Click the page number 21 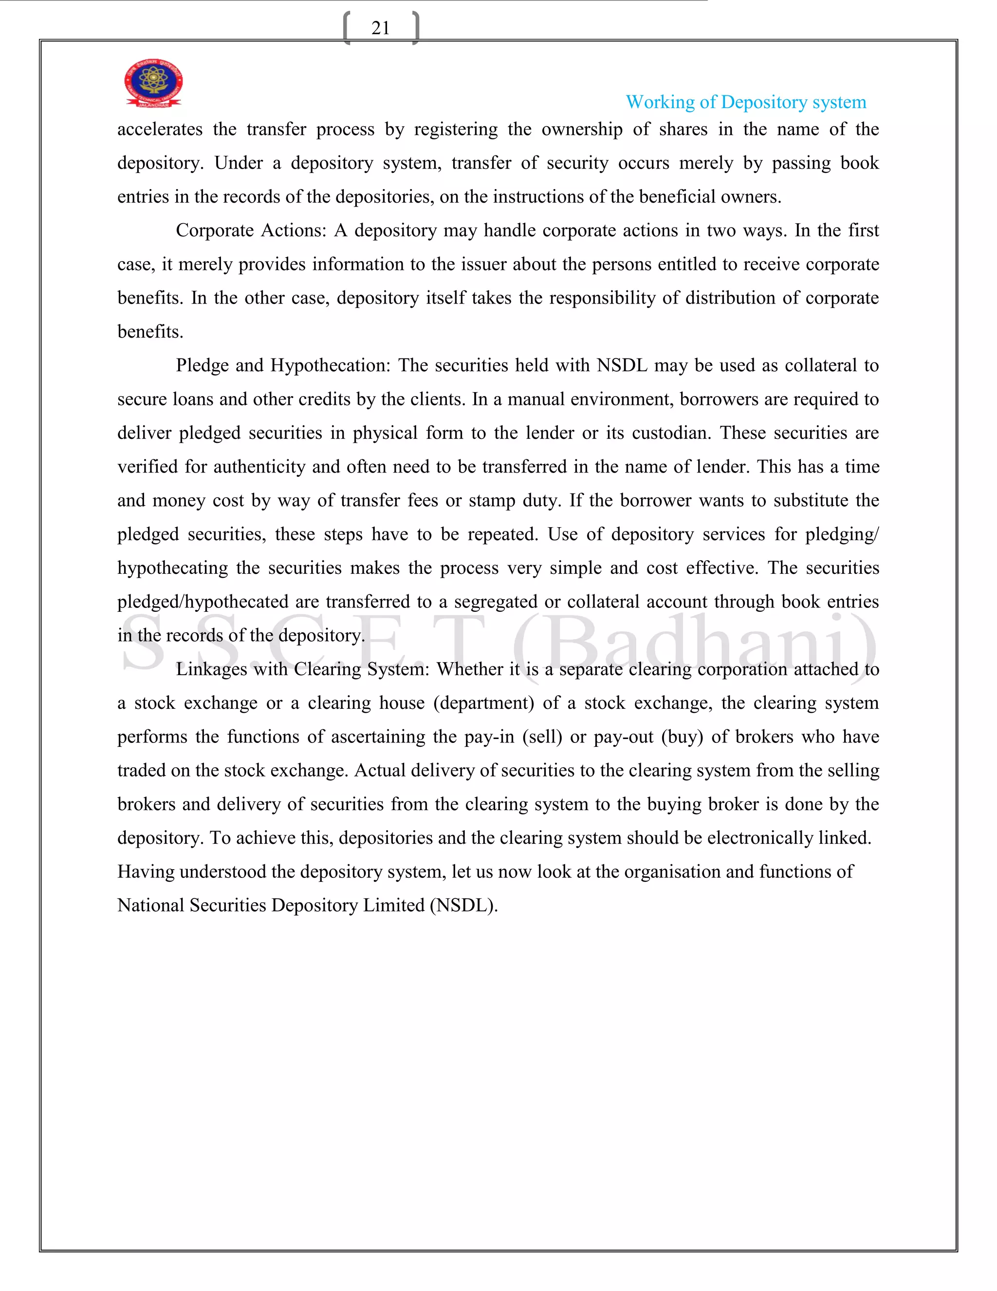coord(380,28)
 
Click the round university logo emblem coord(153,83)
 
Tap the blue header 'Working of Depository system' coord(745,102)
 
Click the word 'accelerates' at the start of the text coord(160,130)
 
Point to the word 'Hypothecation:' coord(330,365)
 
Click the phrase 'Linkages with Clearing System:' coord(302,669)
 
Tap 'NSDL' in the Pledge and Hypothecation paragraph coord(621,365)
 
